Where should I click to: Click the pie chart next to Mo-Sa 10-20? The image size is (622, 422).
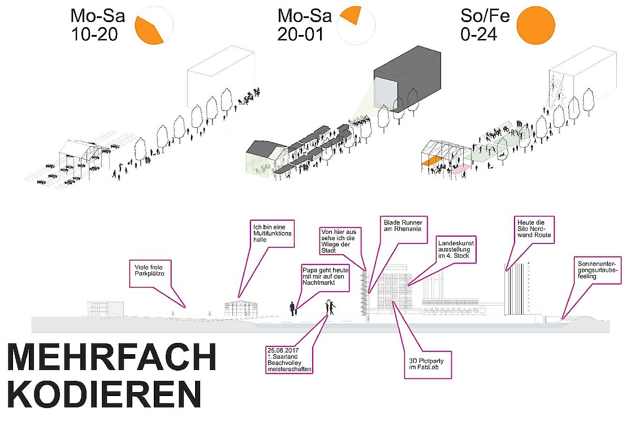click(154, 25)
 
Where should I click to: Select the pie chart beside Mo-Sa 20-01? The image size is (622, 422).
click(357, 25)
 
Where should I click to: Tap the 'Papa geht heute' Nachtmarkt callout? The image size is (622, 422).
click(324, 279)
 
